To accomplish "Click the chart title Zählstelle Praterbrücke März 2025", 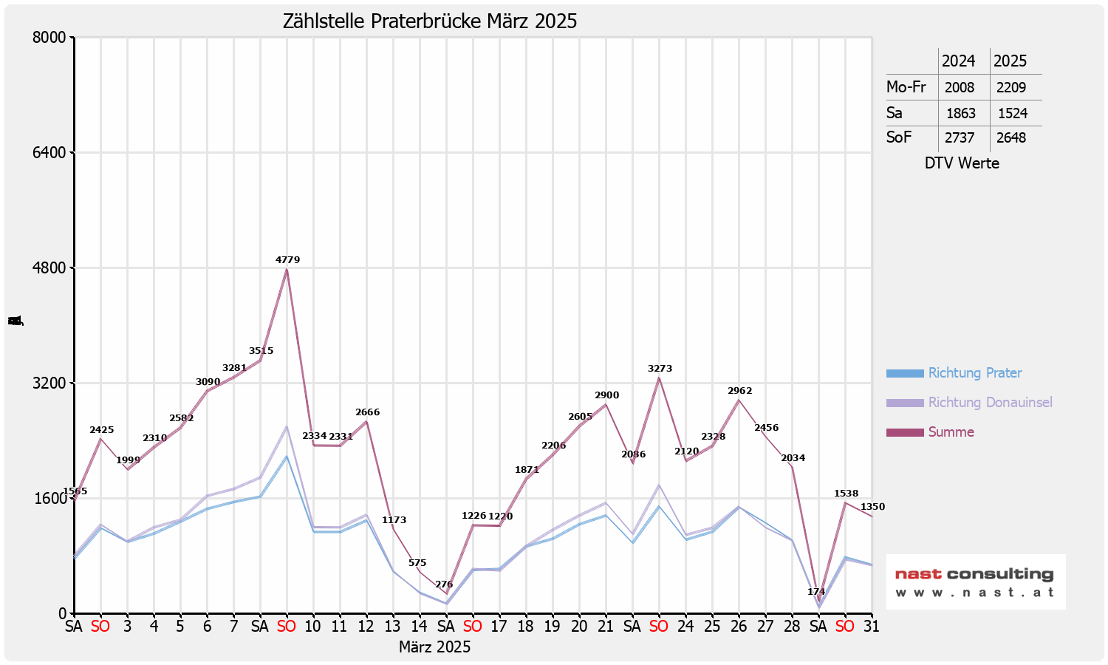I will click(430, 21).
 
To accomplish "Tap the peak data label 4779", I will click(287, 260).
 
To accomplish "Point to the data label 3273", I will click(660, 369).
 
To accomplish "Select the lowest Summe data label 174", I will click(816, 592).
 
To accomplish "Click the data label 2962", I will click(739, 391).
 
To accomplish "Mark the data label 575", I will click(417, 563).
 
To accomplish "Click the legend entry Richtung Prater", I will click(974, 373).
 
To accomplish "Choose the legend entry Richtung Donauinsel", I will click(990, 403).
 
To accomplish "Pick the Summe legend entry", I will click(951, 432).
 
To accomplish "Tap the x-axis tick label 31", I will click(872, 627).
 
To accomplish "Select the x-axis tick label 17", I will click(499, 627).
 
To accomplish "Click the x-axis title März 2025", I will click(434, 647).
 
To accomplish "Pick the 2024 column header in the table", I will click(958, 61).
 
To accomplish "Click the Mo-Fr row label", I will click(906, 87).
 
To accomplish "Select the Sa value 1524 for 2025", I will click(1012, 114).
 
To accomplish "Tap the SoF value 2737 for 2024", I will click(960, 138).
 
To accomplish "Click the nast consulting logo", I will click(975, 582).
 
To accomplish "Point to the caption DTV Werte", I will click(962, 163).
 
